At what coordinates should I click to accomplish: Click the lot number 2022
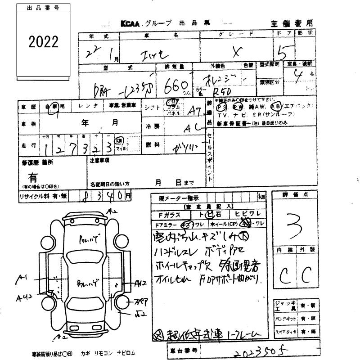[44, 42]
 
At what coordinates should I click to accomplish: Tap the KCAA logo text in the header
[131, 23]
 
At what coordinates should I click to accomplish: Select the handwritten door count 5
[283, 54]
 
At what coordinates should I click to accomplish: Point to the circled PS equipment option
[221, 108]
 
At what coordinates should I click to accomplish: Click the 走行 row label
[28, 146]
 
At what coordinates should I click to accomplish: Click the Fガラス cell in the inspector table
[173, 214]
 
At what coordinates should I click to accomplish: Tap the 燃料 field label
[150, 144]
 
